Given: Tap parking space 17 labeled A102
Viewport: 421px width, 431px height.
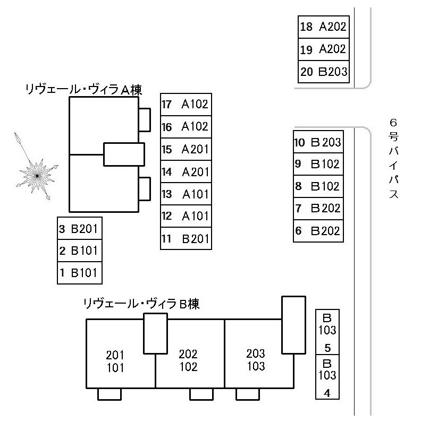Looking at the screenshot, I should coord(186,104).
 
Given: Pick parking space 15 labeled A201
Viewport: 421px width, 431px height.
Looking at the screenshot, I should coord(186,149).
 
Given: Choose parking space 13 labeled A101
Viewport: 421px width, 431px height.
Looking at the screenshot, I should coord(186,194).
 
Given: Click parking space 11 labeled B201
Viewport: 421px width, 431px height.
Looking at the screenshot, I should coord(186,239).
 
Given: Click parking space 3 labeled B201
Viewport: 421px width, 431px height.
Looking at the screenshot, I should coord(79,229).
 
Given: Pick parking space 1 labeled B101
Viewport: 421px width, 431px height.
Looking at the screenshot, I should coord(79,273).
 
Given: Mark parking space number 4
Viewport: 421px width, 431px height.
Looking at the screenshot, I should coord(327,378).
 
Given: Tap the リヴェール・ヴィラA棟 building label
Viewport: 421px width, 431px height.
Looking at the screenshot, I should coord(83,90).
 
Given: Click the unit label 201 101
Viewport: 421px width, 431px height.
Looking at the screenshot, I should coord(115,361).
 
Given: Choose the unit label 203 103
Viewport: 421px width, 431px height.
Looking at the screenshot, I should coord(256,360).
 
